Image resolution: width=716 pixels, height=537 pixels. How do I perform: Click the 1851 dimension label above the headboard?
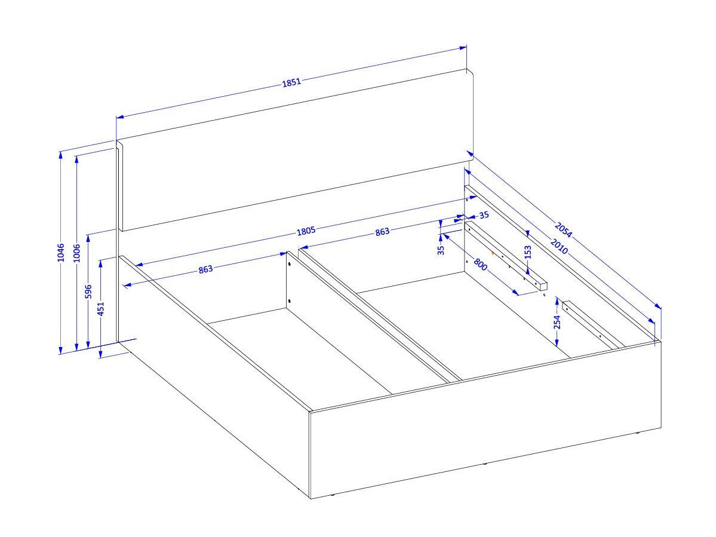coord(291,82)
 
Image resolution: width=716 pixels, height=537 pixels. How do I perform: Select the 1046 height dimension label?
coord(61,253)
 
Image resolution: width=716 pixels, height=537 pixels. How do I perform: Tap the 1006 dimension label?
coord(76,253)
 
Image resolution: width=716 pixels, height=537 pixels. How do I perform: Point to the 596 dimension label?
coord(88,291)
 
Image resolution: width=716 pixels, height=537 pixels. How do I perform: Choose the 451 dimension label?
coord(101,308)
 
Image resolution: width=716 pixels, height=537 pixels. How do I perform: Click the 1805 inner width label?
coord(306,231)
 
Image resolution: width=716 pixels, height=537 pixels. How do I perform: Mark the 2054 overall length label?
coord(563,230)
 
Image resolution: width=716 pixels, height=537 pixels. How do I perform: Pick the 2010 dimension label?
coord(559,246)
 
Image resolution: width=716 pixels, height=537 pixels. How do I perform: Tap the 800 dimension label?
coord(480,265)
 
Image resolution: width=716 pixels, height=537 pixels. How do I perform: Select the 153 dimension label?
coord(528,252)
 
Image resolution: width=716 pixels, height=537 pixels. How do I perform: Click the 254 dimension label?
coord(557,323)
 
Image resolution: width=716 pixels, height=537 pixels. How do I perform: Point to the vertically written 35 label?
coord(441,250)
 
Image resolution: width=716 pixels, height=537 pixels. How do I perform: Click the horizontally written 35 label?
coord(484,214)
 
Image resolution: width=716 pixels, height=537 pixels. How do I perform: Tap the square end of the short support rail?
coord(542,286)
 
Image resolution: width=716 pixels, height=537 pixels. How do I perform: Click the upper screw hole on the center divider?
coord(290,265)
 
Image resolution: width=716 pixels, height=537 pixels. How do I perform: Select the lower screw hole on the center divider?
coord(290,300)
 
